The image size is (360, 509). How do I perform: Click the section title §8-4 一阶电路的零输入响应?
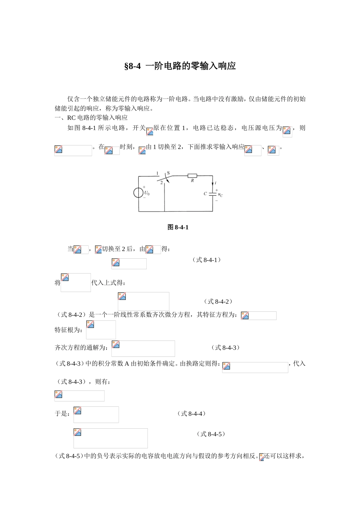click(x=180, y=66)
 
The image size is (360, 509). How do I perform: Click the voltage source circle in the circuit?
click(x=138, y=193)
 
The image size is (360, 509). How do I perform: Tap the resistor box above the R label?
click(x=192, y=176)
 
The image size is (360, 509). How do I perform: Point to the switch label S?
click(x=168, y=173)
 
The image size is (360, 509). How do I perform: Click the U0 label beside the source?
click(x=147, y=193)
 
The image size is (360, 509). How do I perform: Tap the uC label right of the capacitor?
click(x=220, y=195)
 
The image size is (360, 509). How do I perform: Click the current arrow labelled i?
click(x=213, y=184)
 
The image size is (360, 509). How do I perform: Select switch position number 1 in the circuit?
click(x=157, y=173)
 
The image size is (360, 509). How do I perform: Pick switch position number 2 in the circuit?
click(x=161, y=182)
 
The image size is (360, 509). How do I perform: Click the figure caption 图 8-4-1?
click(x=178, y=227)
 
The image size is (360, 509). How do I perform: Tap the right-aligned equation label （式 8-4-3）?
click(x=225, y=348)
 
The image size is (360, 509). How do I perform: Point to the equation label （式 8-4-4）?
click(x=192, y=414)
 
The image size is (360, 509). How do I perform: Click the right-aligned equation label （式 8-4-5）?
click(x=211, y=434)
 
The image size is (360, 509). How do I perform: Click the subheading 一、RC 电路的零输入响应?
click(x=91, y=118)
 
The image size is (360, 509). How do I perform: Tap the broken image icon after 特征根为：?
click(x=90, y=325)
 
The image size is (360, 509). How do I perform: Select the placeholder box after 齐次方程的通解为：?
click(x=143, y=348)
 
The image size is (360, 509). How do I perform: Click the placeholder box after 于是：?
click(x=96, y=415)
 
